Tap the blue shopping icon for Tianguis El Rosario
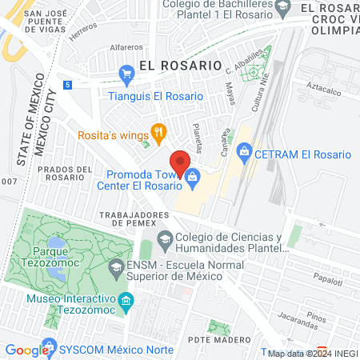126,74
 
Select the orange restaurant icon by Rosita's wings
158,131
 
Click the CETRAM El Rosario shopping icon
245,150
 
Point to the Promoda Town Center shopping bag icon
192,184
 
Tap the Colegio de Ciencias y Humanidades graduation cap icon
165,237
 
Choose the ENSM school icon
117,266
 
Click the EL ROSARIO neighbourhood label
179,64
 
